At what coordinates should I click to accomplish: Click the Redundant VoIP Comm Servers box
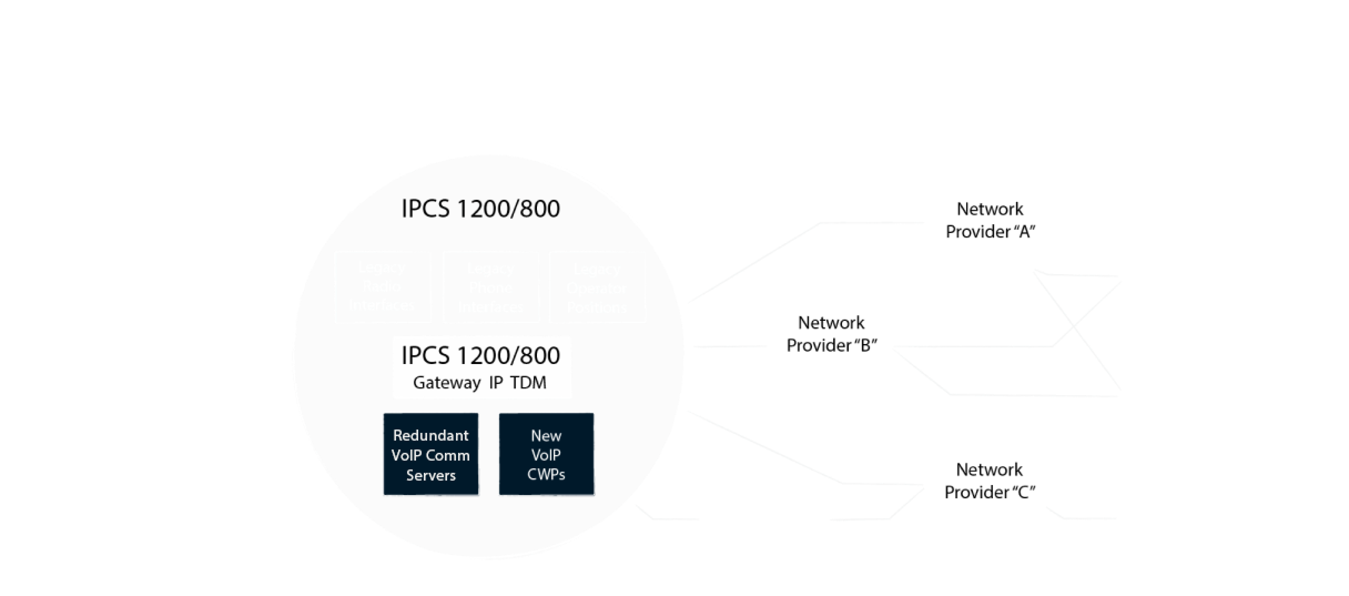coord(430,455)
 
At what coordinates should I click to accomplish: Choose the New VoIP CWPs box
coord(546,455)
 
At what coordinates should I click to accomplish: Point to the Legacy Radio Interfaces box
coord(382,287)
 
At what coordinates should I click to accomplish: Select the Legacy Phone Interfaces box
coord(491,287)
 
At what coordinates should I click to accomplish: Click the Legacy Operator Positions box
coord(597,287)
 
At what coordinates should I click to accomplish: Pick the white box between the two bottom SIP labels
coord(764,518)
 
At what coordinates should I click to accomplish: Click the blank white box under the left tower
coord(186,259)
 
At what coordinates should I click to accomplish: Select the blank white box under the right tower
coord(1183,276)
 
